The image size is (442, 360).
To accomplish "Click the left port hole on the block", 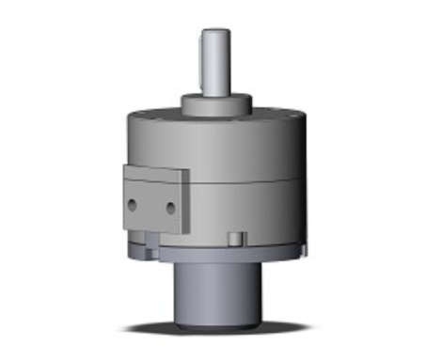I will click(134, 204).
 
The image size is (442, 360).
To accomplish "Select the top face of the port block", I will click(155, 171).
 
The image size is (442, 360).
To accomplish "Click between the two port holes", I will click(152, 205).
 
